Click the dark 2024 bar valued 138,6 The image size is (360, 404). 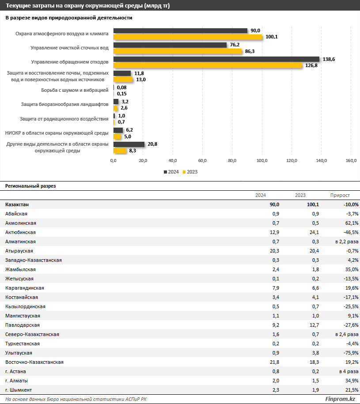click(x=216, y=59)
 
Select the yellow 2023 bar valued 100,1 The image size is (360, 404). click(x=188, y=37)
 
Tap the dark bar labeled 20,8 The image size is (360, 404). click(x=129, y=144)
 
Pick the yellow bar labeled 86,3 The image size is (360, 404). click(x=178, y=51)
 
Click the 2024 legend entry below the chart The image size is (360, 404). click(x=171, y=172)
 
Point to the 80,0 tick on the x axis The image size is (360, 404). click(x=232, y=160)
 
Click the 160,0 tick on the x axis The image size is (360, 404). click(x=351, y=160)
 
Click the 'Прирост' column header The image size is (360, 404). click(x=340, y=195)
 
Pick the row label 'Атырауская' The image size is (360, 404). click(x=19, y=251)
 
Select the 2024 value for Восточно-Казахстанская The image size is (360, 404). click(x=274, y=362)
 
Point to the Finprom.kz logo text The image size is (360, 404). click(x=340, y=399)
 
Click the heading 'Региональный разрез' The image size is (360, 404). click(x=30, y=186)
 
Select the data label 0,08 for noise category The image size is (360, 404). click(x=121, y=87)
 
